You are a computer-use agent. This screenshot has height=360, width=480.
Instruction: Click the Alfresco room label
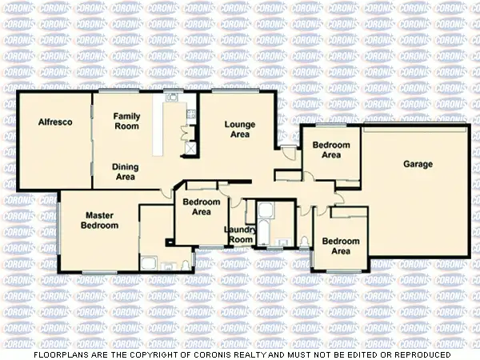(56, 122)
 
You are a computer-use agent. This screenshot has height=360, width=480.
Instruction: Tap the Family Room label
(126, 121)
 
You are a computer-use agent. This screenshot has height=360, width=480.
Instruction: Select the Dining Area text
(125, 171)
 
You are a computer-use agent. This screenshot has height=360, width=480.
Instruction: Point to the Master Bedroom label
(100, 220)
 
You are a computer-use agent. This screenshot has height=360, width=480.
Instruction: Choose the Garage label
(418, 164)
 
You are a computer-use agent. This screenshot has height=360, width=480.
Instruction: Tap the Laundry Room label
(239, 234)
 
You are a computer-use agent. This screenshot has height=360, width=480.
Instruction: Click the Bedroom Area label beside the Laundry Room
(202, 207)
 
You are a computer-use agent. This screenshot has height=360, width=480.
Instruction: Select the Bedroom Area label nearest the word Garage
(331, 150)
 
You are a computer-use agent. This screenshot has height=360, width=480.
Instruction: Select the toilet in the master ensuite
(185, 264)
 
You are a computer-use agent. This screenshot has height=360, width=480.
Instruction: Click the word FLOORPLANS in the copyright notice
(59, 354)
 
